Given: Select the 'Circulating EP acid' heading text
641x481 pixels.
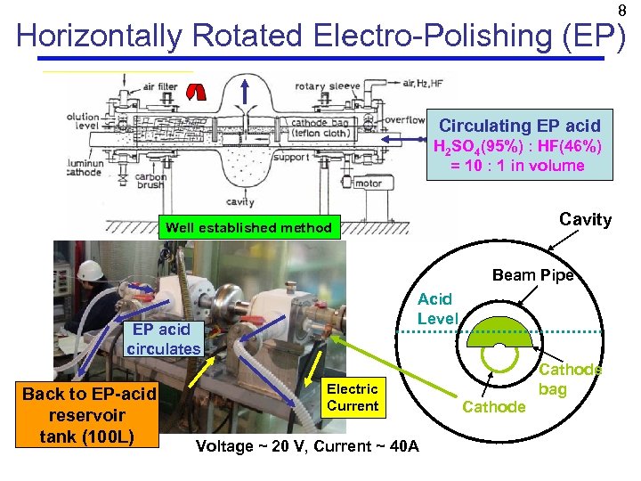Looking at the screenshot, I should tap(519, 126).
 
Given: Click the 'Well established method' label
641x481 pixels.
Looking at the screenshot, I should tap(248, 228).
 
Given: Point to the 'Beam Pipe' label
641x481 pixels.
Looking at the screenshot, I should tap(534, 274).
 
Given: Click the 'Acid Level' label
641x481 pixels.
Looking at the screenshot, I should tap(435, 308).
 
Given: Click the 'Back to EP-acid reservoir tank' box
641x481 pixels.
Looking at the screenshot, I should tap(89, 414).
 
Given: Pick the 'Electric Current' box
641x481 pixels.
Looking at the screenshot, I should tap(353, 397).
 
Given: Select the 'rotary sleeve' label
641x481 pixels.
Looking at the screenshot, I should tap(328, 86).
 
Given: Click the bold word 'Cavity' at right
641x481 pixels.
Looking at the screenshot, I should tap(585, 219).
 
